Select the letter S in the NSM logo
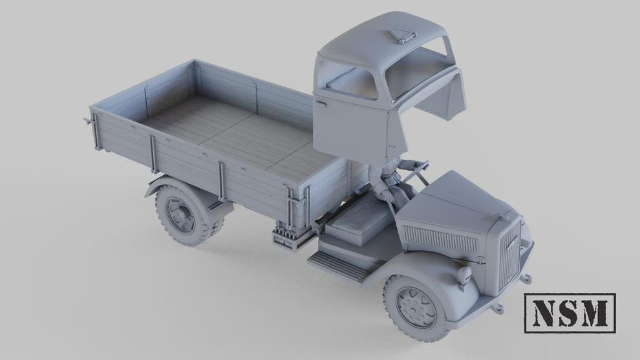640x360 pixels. coord(570,313)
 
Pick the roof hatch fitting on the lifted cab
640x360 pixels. coord(402,37)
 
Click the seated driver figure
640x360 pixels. coord(391,178)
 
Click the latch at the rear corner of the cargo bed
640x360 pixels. coord(87,121)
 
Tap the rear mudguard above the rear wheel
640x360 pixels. coord(158,184)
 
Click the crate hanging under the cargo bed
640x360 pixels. coord(284,236)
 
